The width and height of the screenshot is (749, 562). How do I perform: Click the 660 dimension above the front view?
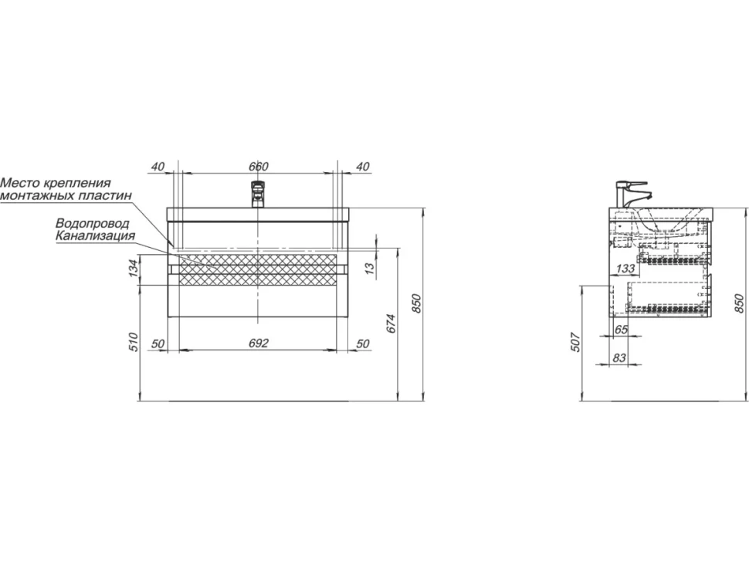pos(259,167)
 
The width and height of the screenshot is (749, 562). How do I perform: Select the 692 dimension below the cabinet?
pos(259,344)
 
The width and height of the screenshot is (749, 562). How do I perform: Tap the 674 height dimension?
pos(391,323)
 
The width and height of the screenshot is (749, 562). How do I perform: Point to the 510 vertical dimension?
pos(134,342)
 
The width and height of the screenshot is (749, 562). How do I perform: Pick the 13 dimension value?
pos(371,269)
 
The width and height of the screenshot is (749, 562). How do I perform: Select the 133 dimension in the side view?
pos(625,269)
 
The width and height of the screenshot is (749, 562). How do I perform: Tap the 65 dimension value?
pos(621,330)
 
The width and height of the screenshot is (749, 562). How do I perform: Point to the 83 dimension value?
pos(619,357)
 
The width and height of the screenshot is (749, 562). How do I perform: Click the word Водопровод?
pos(92,224)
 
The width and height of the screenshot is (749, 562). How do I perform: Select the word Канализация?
pos(95,235)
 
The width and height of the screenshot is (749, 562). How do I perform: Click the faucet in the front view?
pos(258,194)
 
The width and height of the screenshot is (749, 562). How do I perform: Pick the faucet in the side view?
pos(632,194)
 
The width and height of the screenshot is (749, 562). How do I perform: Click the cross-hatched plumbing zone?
pos(258,270)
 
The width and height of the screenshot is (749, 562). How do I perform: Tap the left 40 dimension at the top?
pos(158,167)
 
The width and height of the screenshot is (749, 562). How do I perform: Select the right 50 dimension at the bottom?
pos(363,344)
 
